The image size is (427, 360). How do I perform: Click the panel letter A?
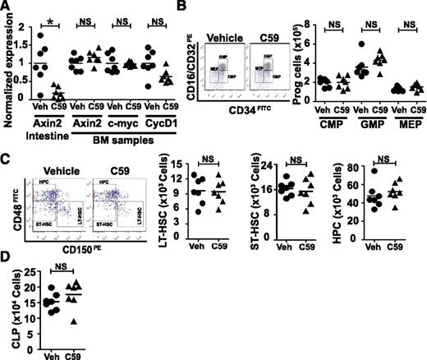[7, 8]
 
